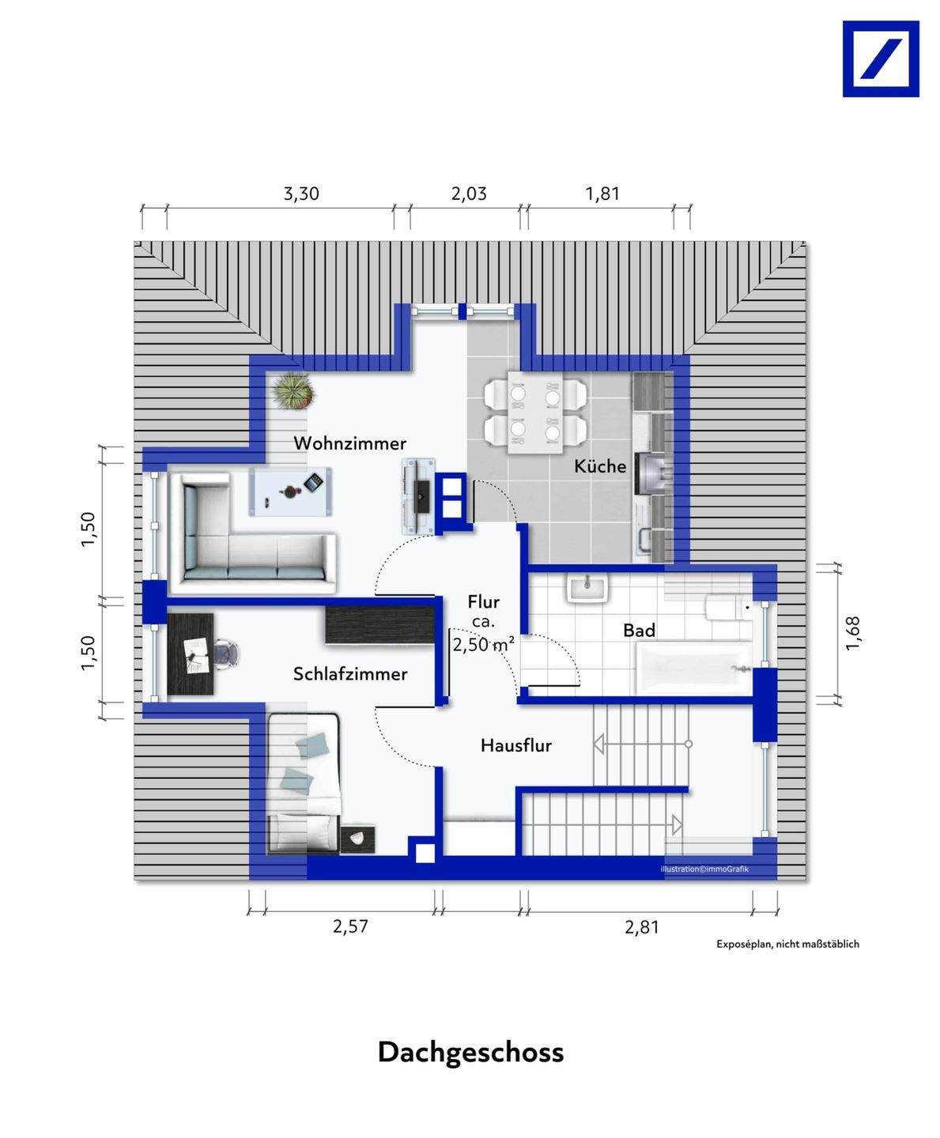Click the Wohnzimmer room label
pos(350,443)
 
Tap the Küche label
pos(600,466)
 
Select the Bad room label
pos(639,631)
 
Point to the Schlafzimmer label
pos(350,674)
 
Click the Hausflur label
pos(515,745)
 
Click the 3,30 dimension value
pos(301,194)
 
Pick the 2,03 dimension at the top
pos(468,194)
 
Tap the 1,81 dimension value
pos(602,194)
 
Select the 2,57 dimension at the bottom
pos(350,926)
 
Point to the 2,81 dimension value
pos(642,927)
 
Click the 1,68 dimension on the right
pos(852,633)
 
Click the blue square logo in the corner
pos(881,58)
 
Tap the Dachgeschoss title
pos(470,1053)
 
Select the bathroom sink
pos(587,590)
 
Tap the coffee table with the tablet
pos(290,491)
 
